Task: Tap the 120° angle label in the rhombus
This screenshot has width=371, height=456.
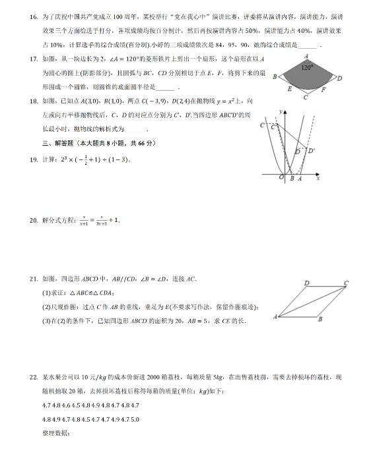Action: [x=306, y=68]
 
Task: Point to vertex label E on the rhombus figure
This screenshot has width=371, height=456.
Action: [x=290, y=88]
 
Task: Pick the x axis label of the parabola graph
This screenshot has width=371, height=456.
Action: [x=318, y=178]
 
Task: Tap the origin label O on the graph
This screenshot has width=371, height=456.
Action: [x=281, y=178]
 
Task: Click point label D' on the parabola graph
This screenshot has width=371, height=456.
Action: [x=310, y=151]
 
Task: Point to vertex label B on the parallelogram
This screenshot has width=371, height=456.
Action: [x=320, y=320]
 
